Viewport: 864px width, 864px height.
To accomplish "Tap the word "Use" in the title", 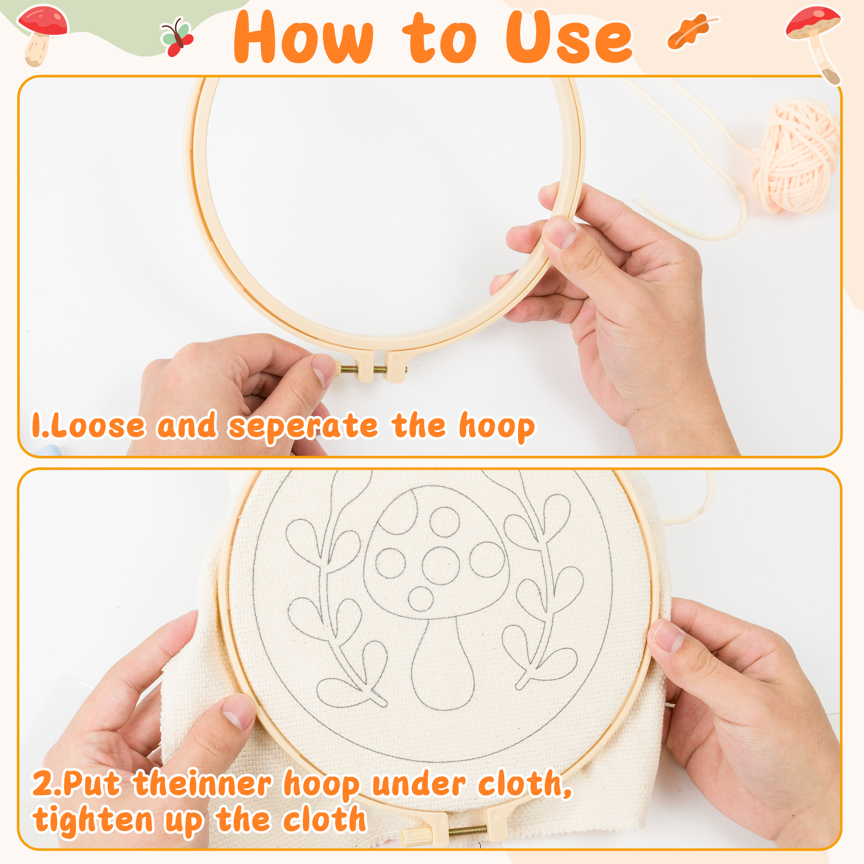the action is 569,37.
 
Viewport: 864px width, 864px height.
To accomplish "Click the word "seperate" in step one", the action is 303,427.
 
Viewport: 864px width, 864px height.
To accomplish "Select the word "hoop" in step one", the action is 497,427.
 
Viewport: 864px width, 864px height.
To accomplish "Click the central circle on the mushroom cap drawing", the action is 441,566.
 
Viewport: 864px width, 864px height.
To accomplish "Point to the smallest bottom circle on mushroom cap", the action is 421,598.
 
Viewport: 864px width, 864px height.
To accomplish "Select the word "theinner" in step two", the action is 202,783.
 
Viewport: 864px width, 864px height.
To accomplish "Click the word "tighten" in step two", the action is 93,820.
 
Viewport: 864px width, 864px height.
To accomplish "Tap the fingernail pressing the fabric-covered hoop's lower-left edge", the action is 239,712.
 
